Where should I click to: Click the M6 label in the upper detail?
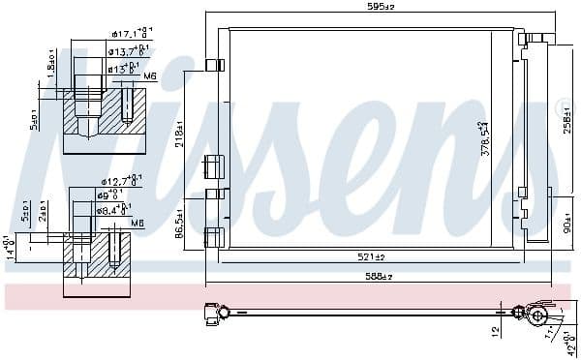[150, 75]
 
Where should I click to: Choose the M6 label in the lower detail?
[137, 223]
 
